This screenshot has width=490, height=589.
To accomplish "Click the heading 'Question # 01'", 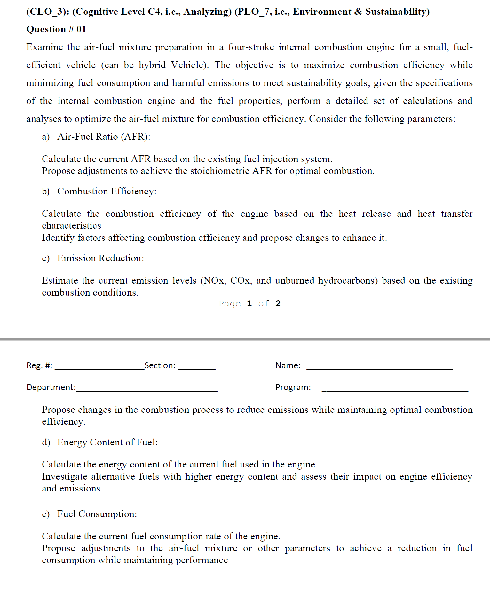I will (x=56, y=29).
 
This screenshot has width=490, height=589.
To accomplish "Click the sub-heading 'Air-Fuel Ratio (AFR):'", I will (x=104, y=137).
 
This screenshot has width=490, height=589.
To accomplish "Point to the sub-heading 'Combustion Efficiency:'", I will (x=107, y=191).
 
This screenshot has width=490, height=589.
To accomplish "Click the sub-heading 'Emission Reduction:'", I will (x=100, y=258).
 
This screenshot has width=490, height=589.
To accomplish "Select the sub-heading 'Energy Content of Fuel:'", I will (x=107, y=442).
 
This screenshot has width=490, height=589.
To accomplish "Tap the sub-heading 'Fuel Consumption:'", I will (x=97, y=514).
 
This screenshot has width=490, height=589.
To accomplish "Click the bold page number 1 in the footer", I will (x=249, y=303).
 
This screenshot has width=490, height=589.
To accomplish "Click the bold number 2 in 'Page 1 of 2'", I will (x=278, y=303).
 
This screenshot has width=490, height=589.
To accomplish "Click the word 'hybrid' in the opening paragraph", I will (x=152, y=65).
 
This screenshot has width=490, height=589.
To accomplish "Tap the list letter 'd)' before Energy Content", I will (x=46, y=442).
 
